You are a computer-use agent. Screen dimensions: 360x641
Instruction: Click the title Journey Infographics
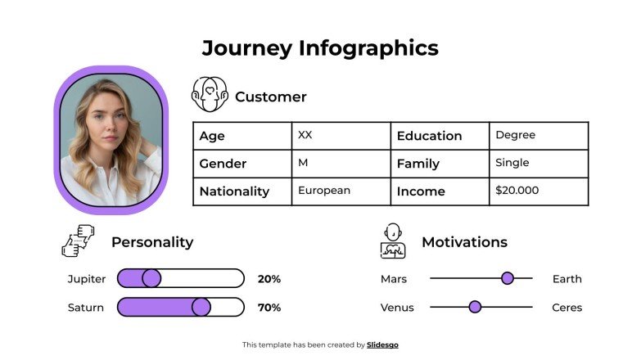point(320,48)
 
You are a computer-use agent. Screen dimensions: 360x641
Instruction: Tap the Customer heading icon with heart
point(208,95)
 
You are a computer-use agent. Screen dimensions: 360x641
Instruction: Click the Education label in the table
point(429,136)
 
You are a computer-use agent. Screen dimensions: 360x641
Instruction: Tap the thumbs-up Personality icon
point(79,241)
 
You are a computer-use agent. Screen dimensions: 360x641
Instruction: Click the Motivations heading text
point(464,242)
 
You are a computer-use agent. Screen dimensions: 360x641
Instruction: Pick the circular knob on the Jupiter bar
point(151,279)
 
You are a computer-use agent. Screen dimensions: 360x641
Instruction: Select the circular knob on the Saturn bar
point(201,308)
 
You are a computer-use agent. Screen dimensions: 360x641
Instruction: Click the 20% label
point(269,279)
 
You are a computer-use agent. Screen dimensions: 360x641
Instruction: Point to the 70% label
point(269,308)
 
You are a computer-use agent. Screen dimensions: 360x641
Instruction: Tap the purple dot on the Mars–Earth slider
point(508,278)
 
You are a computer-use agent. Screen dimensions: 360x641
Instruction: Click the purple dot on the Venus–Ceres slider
point(475,307)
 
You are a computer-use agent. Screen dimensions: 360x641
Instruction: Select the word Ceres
point(567,308)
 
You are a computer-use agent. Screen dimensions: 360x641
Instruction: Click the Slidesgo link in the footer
point(382,345)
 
